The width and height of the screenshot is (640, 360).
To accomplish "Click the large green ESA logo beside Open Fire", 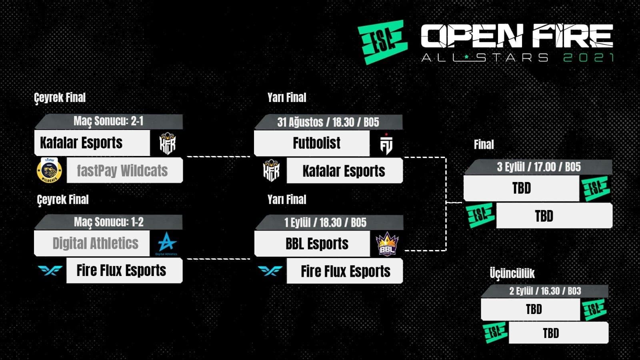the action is coord(382,42).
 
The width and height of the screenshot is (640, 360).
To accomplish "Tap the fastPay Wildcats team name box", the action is coord(124,170).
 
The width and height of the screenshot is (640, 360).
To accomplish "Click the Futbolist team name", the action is coord(316,143).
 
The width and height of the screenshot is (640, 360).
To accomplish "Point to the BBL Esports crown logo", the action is coord(387,244).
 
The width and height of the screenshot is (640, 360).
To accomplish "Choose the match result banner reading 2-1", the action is coord(108,121).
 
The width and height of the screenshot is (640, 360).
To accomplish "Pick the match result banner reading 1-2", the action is coord(108,222).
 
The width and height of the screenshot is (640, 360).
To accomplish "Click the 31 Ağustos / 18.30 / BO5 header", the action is coord(328,122).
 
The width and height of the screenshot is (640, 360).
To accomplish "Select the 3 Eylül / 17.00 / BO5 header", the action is coord(538,167).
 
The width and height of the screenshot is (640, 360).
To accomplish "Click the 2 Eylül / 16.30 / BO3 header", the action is coord(545,291).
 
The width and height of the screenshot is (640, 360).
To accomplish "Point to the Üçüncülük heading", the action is coord(512,273).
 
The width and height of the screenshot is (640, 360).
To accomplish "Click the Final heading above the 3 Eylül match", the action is coord(484,144).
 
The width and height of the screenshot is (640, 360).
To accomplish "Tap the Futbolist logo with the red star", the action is coord(386,144).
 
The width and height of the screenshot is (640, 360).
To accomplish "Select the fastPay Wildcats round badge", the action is coord(50,170).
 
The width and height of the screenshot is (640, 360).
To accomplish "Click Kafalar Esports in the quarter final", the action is coord(81,142).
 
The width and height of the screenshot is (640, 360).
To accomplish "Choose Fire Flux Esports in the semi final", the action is coord(346,271).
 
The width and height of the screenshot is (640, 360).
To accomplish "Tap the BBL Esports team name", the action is coord(317,244).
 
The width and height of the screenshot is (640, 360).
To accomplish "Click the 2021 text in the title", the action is coord(588,58).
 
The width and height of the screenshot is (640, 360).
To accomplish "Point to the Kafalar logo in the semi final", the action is coord(272,170).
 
